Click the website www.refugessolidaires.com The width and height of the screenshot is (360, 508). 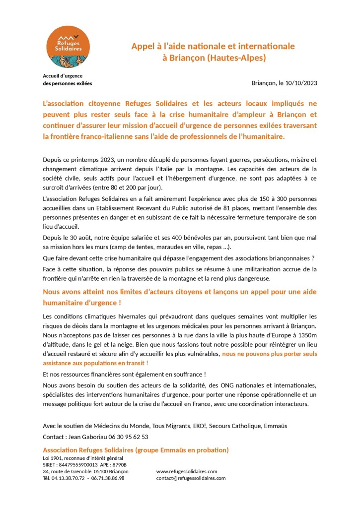coord(187,471)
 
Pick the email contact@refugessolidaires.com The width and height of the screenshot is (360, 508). coord(191,478)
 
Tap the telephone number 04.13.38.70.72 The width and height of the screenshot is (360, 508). coord(70,478)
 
